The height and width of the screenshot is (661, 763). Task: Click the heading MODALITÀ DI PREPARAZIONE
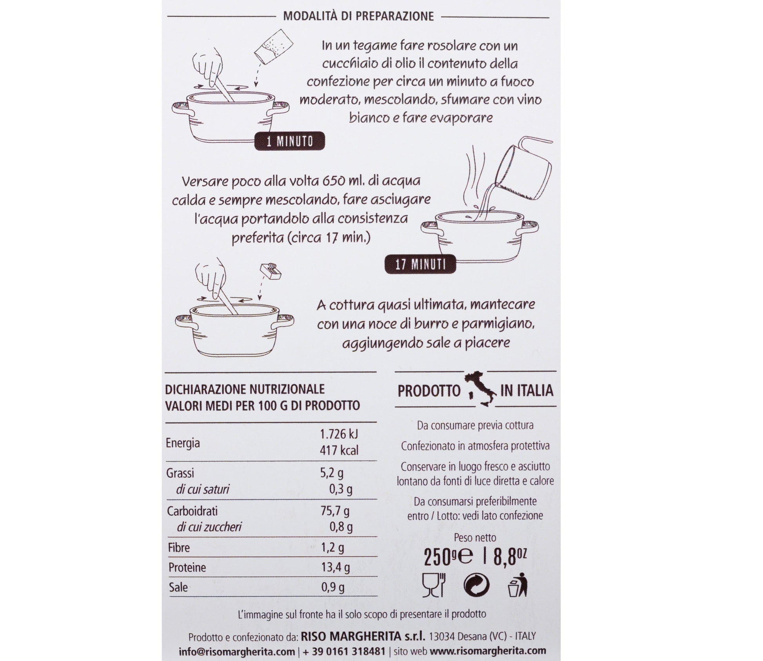(x=358, y=16)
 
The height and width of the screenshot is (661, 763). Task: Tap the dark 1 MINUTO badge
(x=290, y=141)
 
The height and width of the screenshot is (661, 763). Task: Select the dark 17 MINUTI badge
(x=420, y=264)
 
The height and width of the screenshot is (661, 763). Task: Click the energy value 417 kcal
(x=339, y=450)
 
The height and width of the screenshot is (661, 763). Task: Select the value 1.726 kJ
(x=339, y=434)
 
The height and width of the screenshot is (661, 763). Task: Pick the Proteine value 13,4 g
(x=335, y=567)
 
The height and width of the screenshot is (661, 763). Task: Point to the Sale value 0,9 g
(x=333, y=587)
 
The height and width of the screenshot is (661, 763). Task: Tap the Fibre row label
(x=179, y=548)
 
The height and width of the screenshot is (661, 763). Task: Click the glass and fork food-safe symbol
(x=434, y=585)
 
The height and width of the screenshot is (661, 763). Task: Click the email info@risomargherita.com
(x=236, y=651)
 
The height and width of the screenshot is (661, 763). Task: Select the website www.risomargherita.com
(x=488, y=651)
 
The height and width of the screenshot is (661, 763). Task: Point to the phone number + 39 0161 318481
(x=344, y=651)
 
